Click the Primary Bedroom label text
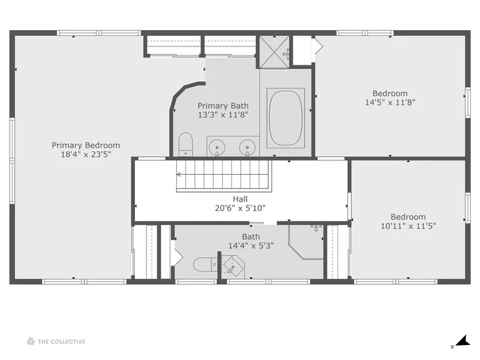pos(85,145)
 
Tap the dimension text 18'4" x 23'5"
pos(85,156)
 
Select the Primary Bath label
pos(223,106)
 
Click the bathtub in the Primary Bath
pos(285,116)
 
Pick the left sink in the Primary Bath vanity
pos(217,146)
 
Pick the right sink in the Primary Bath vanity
pos(247,146)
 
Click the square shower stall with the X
pos(274,49)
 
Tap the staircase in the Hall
pos(222,181)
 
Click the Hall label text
pos(240,199)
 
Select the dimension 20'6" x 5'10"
pos(240,208)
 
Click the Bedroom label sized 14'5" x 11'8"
pos(390,93)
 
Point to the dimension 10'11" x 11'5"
pos(408,225)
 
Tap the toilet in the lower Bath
pos(203,264)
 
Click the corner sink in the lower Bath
pos(233,265)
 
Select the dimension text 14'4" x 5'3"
pos(250,245)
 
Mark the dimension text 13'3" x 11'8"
pos(223,115)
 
